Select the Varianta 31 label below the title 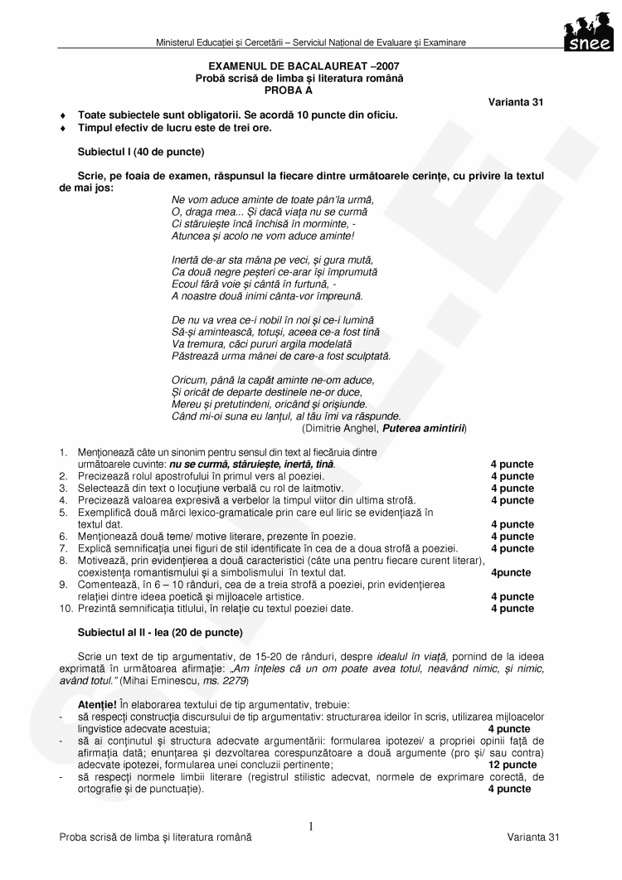pyautogui.click(x=516, y=102)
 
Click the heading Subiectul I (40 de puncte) pyautogui.click(x=141, y=152)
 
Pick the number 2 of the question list pyautogui.click(x=63, y=477)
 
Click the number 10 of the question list pyautogui.click(x=65, y=609)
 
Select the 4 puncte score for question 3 pyautogui.click(x=512, y=489)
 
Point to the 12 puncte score pyautogui.click(x=512, y=765)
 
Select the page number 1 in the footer pyautogui.click(x=311, y=826)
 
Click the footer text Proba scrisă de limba pyautogui.click(x=155, y=839)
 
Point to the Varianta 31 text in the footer pyautogui.click(x=534, y=839)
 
